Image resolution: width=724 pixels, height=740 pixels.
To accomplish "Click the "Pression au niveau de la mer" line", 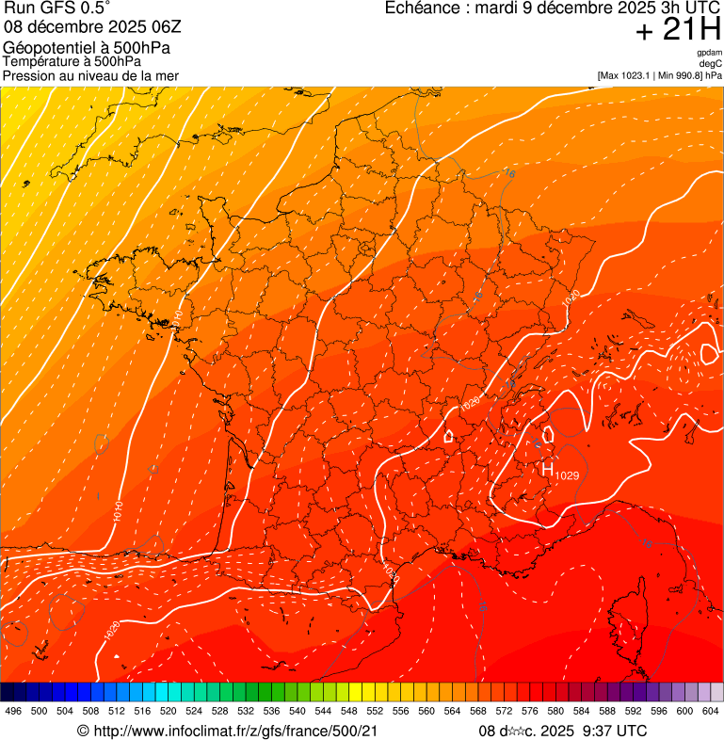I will [x=91, y=75].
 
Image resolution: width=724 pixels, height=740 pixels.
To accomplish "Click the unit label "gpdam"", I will [x=709, y=53].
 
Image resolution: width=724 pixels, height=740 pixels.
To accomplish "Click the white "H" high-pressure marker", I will [x=547, y=468].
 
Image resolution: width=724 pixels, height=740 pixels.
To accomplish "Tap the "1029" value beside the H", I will [x=567, y=475].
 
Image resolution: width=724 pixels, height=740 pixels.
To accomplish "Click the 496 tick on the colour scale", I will [x=13, y=711].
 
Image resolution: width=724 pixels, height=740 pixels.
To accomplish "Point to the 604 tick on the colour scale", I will [x=711, y=711].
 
